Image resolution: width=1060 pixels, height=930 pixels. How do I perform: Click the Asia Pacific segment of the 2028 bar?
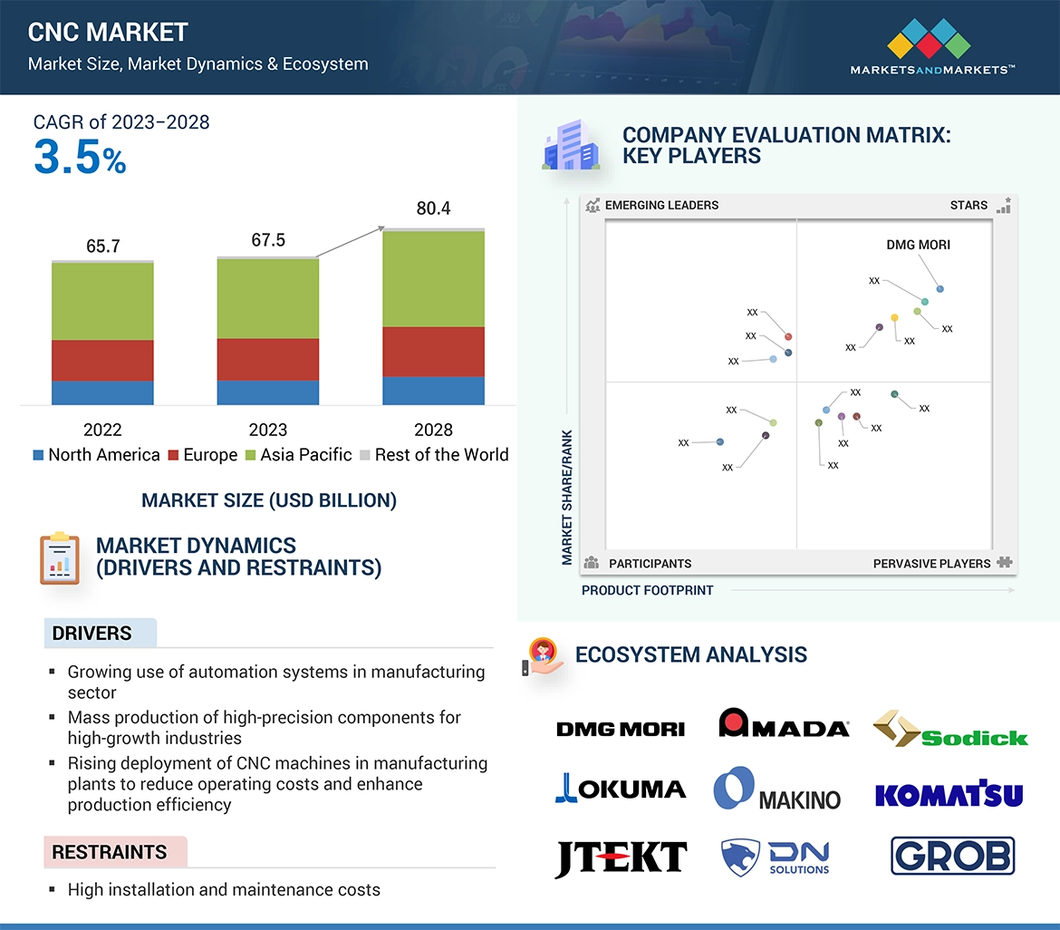click(433, 278)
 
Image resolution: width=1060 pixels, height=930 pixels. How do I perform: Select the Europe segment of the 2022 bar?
click(102, 360)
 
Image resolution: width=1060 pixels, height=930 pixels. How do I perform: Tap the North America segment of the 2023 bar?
click(267, 392)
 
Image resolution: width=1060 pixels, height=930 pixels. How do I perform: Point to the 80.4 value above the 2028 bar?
click(433, 208)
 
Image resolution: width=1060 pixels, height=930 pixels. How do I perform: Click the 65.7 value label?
click(102, 247)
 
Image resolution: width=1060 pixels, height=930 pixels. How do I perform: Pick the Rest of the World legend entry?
click(434, 455)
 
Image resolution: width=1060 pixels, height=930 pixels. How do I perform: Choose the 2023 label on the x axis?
click(267, 430)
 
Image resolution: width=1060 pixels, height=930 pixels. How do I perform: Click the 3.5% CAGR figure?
click(80, 158)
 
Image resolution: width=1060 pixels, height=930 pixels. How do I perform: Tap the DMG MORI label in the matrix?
click(918, 245)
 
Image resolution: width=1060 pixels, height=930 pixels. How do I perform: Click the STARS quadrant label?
click(968, 206)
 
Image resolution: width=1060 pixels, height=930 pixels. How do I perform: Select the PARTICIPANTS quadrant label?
click(650, 564)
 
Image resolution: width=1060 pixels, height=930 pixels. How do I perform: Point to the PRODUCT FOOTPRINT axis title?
click(647, 590)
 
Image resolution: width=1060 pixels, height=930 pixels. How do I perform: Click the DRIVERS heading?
click(92, 634)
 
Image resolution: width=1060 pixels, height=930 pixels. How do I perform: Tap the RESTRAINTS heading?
click(110, 852)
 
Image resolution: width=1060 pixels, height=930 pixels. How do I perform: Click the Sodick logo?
click(950, 729)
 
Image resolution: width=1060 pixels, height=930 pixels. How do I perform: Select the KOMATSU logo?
click(949, 795)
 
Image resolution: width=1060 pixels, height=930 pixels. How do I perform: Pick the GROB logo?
click(952, 856)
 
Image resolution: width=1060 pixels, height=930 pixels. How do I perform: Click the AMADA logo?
click(784, 724)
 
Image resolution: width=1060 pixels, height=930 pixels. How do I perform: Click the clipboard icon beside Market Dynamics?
click(60, 558)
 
